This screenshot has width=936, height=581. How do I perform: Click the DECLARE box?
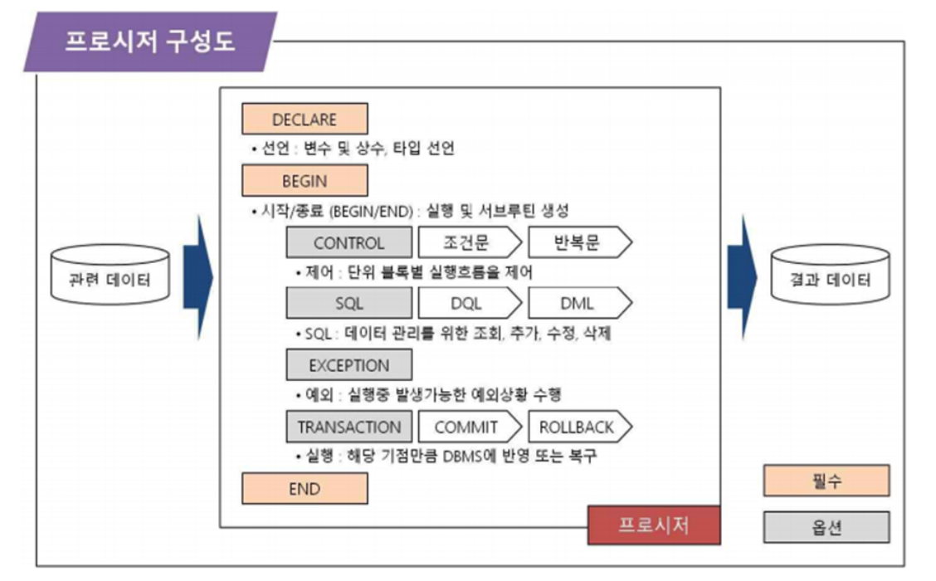coord(304,120)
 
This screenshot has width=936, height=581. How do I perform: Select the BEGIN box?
coord(304,180)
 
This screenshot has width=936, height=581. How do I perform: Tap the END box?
coord(304,489)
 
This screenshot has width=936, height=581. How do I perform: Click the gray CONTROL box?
coord(349,243)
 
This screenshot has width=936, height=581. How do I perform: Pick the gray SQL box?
coord(349,304)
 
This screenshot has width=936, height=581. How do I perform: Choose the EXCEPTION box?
coord(349,366)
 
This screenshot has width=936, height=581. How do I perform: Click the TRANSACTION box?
coord(349,427)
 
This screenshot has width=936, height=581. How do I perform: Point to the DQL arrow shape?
coord(467,304)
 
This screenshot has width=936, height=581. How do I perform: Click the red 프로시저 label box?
coord(653,525)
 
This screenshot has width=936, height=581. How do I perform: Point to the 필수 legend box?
coord(826,481)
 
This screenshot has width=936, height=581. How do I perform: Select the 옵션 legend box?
coord(826,527)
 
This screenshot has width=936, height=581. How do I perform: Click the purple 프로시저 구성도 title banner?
coord(149,41)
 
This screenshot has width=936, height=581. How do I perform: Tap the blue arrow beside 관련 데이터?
coord(198,278)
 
